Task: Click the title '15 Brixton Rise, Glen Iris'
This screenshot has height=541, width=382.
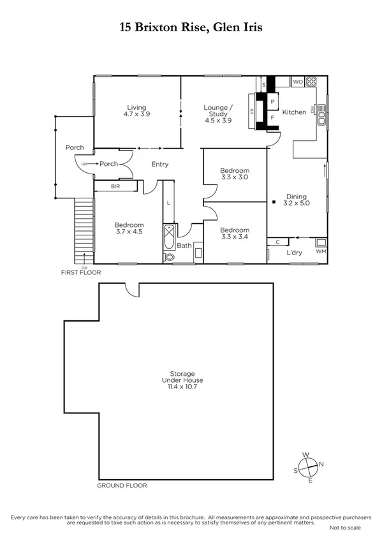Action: coord(191,27)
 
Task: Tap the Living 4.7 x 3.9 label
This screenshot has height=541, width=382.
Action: coord(136,110)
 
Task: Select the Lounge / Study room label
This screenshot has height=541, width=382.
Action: coord(218,114)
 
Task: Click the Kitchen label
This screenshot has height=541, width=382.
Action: coord(294,112)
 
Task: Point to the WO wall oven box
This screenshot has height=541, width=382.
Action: coord(298,82)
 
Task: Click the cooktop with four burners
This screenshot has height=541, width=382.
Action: coord(312,82)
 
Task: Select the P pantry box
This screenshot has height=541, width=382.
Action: coord(272,101)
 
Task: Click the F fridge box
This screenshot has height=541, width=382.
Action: coord(272,117)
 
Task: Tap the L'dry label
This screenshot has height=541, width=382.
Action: coord(294,253)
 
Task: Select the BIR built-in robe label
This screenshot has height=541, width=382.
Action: coord(115,186)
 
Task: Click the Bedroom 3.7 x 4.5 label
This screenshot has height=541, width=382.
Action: coord(129,228)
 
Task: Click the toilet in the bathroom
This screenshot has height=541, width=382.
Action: coord(168,257)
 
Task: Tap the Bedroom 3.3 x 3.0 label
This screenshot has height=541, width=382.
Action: coord(234,174)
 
